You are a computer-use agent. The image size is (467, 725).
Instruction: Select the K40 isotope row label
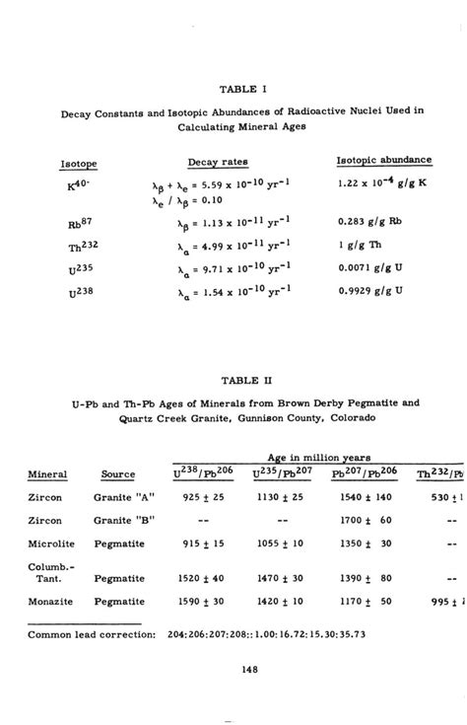(79, 184)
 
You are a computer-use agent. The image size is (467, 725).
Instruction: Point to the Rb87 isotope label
(79, 222)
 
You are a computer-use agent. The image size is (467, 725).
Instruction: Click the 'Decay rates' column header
(218, 161)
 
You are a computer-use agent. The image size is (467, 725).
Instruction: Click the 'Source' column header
(118, 473)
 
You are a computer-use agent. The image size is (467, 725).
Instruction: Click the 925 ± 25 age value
(205, 497)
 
